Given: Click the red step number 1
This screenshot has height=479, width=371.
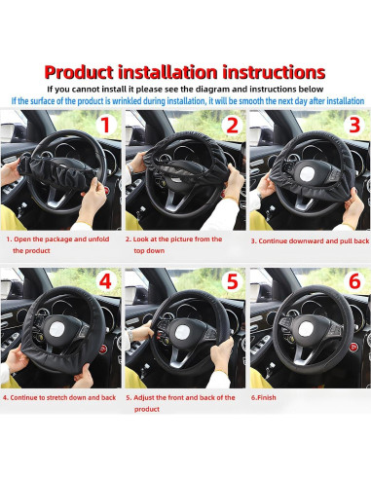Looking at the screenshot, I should pyautogui.click(x=105, y=126).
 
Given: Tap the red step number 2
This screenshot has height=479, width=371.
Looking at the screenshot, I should pyautogui.click(x=231, y=125).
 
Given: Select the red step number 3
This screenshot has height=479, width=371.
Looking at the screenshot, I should pyautogui.click(x=353, y=126).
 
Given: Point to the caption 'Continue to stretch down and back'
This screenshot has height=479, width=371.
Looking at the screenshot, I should pyautogui.click(x=60, y=397).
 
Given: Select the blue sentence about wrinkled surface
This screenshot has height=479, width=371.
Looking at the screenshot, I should pyautogui.click(x=185, y=100).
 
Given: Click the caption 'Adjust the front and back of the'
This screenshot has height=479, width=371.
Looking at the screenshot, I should pyautogui.click(x=182, y=397).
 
